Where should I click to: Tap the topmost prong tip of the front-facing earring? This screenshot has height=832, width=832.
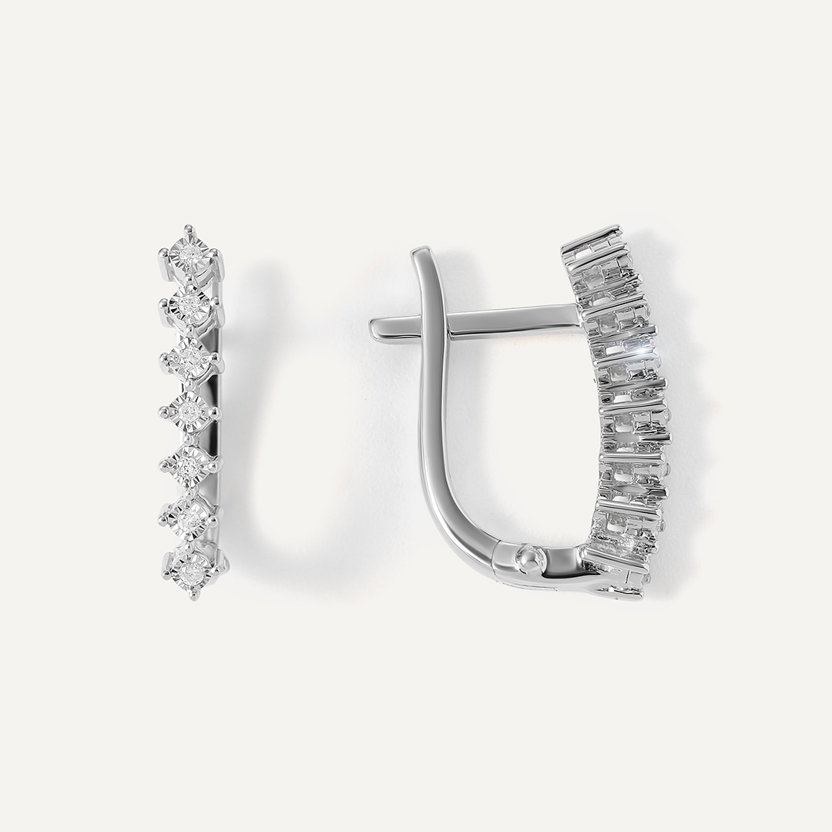point(187,227)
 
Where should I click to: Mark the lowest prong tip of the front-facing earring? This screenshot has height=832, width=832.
point(193,598)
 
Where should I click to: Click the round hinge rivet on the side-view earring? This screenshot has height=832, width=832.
point(528,556)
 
